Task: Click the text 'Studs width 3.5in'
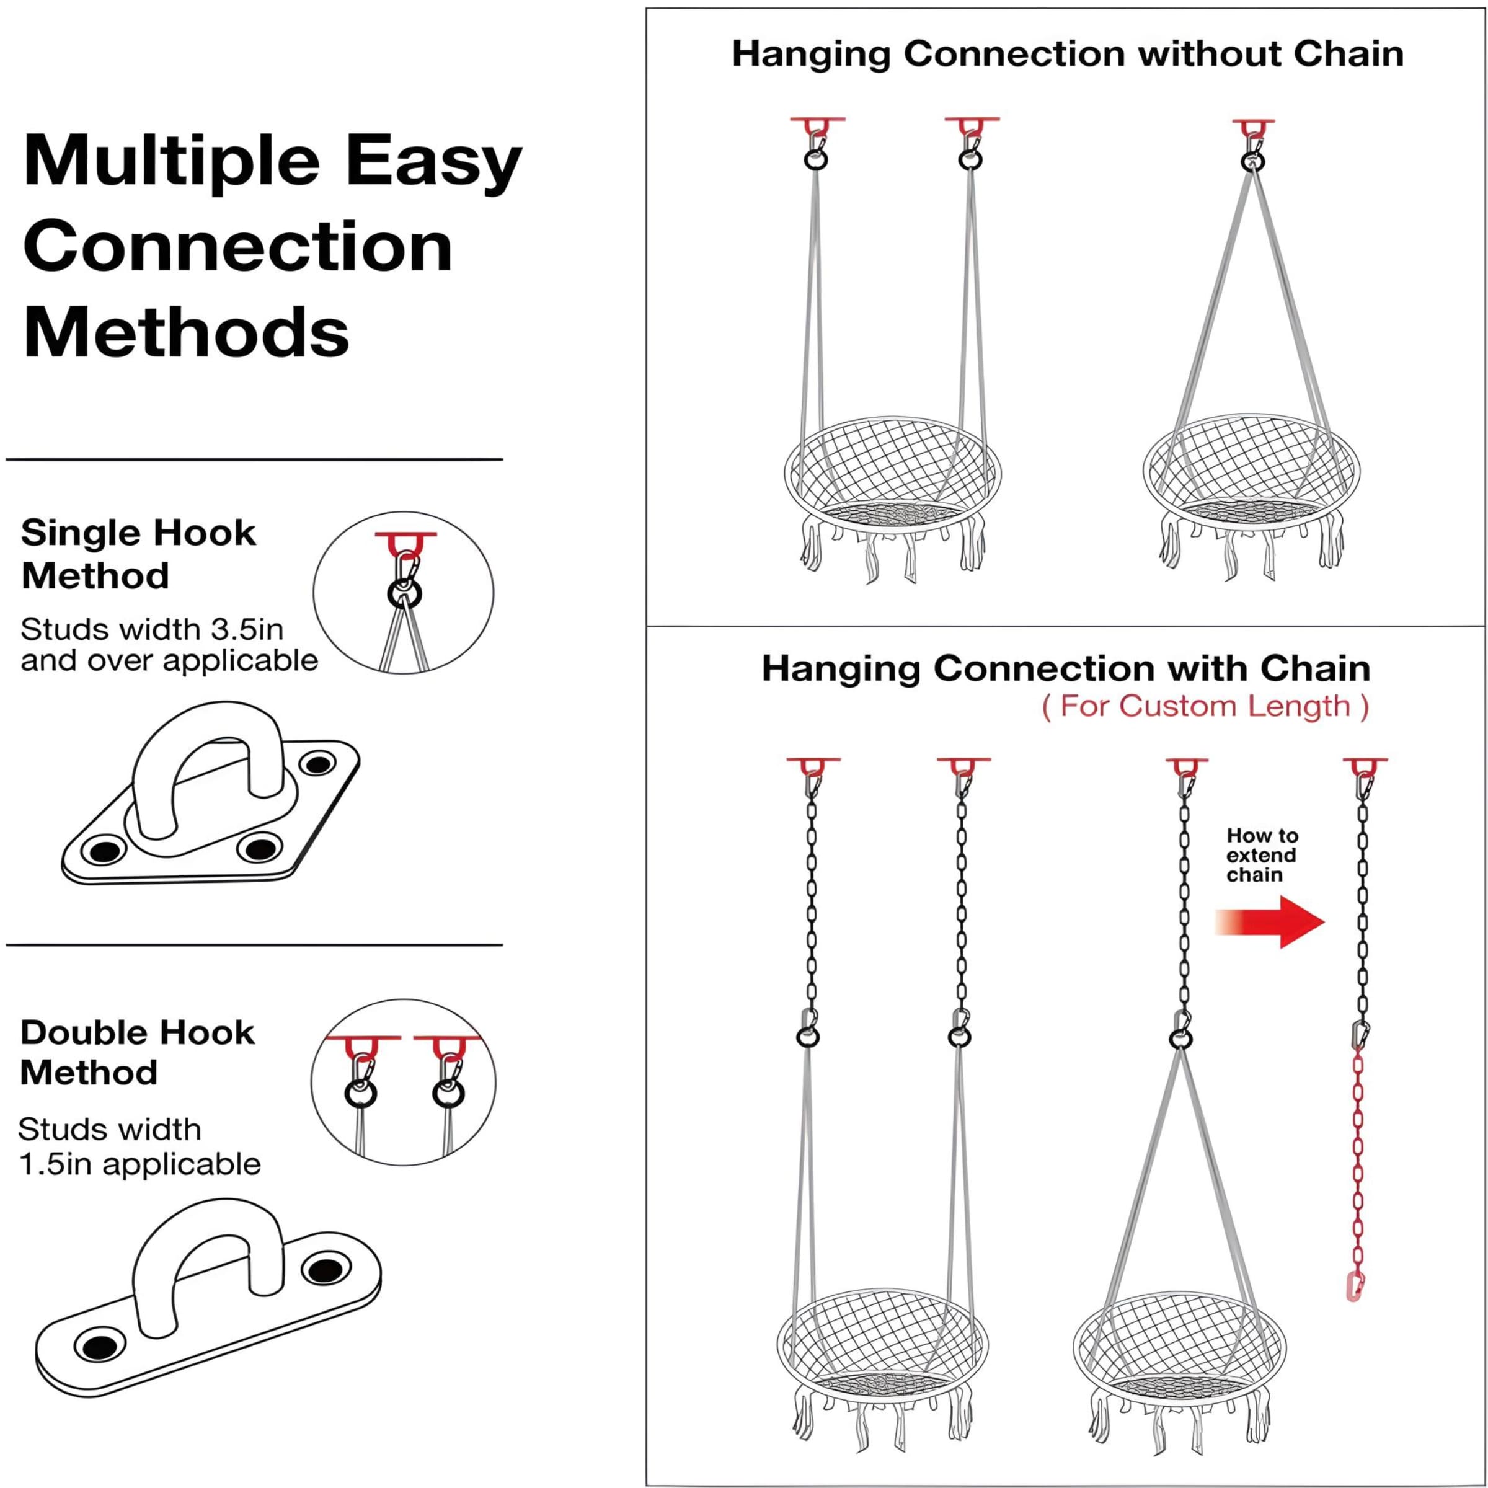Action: pos(152,629)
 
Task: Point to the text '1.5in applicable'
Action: pos(139,1164)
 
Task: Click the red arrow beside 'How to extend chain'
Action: pos(1272,921)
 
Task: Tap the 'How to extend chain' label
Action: pos(1262,855)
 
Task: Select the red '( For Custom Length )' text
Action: pos(1205,706)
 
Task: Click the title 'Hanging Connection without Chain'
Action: pos(1068,54)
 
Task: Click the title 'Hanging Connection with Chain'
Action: pos(1066,668)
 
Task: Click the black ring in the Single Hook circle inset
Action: pos(404,595)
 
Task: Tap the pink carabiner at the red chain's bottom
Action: pos(1355,1286)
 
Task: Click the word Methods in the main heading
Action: pos(187,333)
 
